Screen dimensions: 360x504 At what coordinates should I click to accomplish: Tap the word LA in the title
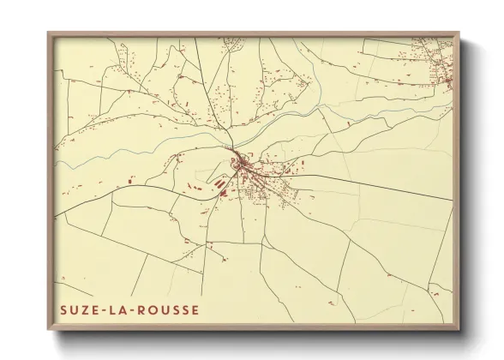[x=124, y=310]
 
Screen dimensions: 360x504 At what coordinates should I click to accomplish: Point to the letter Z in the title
[x=85, y=310]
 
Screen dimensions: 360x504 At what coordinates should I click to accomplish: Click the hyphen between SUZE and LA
[x=108, y=310]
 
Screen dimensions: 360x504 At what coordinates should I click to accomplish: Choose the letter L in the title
[x=118, y=310]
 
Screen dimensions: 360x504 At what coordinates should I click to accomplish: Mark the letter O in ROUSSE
[x=160, y=310]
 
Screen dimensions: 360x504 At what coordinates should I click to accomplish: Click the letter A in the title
[x=129, y=310]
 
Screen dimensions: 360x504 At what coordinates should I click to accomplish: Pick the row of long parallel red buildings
[x=218, y=182]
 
